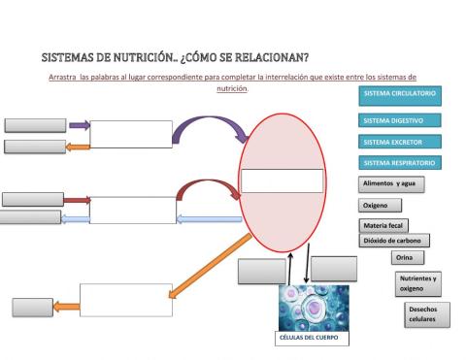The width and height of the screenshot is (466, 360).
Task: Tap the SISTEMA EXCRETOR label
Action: click(394, 142)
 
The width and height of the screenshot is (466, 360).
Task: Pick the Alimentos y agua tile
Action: click(391, 182)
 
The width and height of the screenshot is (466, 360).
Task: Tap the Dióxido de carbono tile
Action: click(394, 241)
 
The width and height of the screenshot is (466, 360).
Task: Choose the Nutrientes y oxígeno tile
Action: click(417, 282)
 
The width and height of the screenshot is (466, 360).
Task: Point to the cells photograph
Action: click(306, 307)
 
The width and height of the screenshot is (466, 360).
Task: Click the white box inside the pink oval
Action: click(281, 181)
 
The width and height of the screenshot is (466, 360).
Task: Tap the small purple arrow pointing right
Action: click(79, 125)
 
